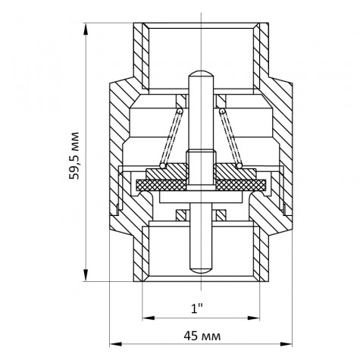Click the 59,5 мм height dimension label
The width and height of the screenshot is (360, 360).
point(74,155)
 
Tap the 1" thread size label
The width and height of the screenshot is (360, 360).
point(197,308)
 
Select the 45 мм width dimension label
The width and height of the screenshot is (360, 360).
point(202,337)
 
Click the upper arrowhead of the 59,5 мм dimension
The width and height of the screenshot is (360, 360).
point(86,29)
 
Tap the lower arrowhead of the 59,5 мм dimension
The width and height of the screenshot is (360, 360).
point(86,275)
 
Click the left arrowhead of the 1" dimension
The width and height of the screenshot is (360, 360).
point(149,318)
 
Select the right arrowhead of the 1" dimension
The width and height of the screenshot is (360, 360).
point(253,318)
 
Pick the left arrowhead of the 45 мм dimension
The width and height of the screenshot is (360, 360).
point(115,344)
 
